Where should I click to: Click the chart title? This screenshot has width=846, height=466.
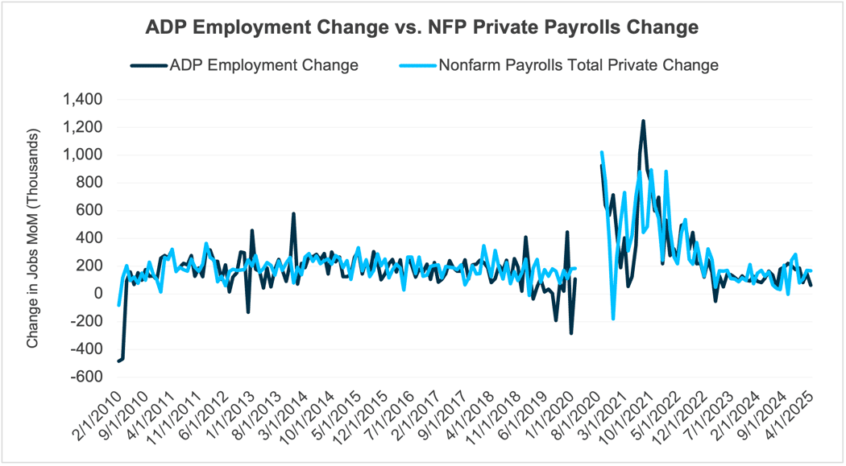pos(422,27)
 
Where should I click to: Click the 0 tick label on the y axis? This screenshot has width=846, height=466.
pos(99,294)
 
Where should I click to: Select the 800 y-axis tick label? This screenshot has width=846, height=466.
pos(90,183)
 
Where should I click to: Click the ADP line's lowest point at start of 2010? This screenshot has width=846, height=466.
pos(118,361)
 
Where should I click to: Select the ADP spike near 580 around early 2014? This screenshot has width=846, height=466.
pos(293,214)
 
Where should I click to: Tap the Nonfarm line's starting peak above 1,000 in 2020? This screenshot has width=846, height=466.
pos(602,152)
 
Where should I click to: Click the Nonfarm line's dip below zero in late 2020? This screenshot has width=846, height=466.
pos(613,319)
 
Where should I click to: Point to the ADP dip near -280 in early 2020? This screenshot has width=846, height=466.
pos(571,333)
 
